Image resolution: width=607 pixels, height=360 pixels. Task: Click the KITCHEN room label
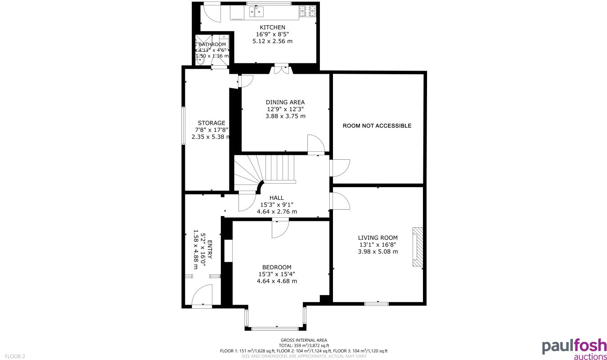(272, 27)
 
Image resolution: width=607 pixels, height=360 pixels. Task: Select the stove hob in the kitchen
(308, 11)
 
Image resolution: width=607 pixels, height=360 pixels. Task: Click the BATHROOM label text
(212, 45)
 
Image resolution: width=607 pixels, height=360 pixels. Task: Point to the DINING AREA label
(285, 102)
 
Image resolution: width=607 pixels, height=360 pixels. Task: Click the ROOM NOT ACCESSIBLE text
(377, 126)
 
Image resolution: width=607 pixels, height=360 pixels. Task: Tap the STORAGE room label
(211, 123)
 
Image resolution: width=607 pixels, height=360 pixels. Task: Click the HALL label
(277, 198)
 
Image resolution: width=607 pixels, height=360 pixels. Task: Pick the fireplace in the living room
(418, 247)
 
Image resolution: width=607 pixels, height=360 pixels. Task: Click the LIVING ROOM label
(378, 238)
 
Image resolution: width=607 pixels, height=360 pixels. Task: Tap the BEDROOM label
(277, 267)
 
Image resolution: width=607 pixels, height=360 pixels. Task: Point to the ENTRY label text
(210, 249)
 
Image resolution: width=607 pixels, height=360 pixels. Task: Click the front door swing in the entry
(202, 296)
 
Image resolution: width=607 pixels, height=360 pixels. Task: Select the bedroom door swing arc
(280, 229)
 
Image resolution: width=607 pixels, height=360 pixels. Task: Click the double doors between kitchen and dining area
(281, 70)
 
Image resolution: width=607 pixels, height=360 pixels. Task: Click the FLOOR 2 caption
(15, 356)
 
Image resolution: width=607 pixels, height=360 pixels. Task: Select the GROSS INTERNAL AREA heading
(304, 340)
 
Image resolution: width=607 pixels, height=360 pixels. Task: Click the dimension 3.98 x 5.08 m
(378, 252)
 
